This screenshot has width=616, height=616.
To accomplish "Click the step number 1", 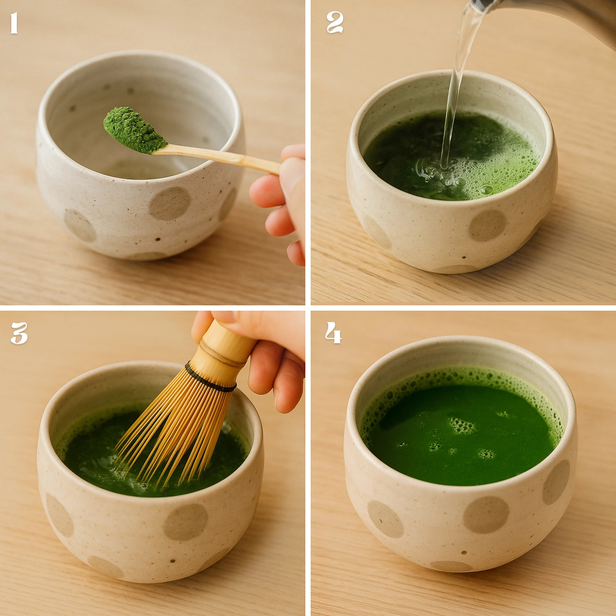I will point(14,23).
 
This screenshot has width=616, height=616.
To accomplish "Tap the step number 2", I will point(334,22).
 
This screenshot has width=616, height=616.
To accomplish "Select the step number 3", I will point(19,333).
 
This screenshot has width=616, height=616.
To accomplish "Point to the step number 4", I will point(333,333).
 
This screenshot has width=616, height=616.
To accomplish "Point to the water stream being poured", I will point(455,88).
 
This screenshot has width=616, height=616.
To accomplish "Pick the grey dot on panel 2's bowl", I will point(488,225).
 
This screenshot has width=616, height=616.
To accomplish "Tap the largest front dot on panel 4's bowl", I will point(486,515).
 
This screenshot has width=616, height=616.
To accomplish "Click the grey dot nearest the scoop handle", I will point(170,203).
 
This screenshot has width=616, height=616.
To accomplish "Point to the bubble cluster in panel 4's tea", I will point(462,425).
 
